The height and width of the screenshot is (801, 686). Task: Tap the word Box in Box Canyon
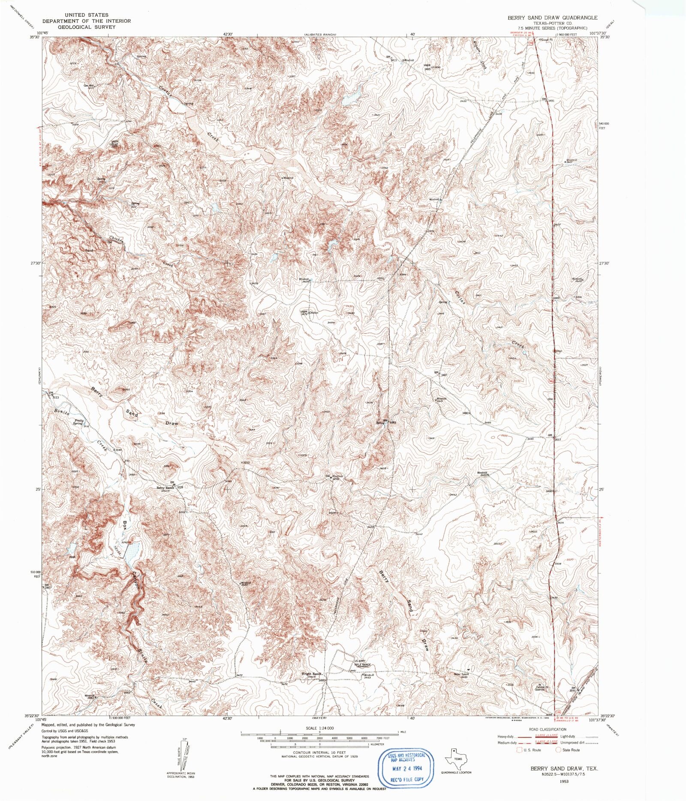(124, 525)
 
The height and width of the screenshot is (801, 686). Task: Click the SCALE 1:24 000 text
(319, 728)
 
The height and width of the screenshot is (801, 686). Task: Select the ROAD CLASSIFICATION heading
(548, 729)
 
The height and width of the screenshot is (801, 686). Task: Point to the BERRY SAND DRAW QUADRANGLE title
(552, 18)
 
